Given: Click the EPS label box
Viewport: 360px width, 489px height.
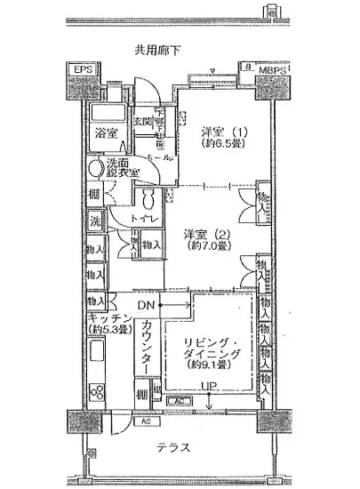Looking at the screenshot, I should (83, 69).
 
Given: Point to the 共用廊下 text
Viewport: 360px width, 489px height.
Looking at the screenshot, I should (159, 50).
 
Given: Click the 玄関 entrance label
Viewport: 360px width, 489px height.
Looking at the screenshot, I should (144, 122).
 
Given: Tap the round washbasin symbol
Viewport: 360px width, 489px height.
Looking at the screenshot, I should (96, 167).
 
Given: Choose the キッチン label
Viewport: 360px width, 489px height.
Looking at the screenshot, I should (109, 319).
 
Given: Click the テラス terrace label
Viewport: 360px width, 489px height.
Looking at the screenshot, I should (174, 447).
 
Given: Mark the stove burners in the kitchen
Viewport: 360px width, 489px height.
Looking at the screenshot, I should (98, 390).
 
